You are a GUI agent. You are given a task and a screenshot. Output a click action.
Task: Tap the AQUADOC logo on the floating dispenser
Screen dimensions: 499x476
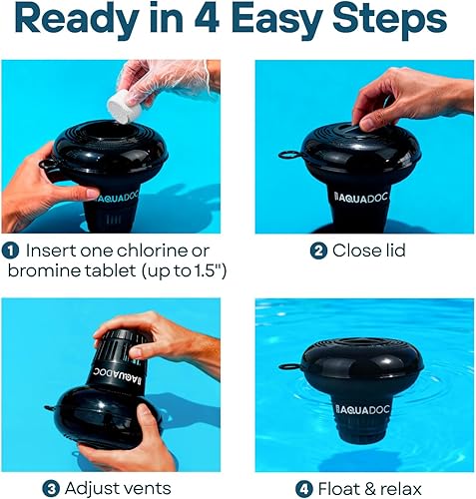[368, 408]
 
